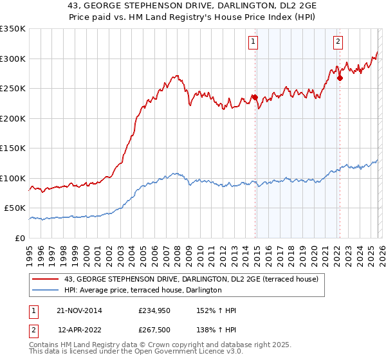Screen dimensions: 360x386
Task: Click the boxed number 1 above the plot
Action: (253, 42)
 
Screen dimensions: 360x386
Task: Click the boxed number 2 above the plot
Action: (338, 42)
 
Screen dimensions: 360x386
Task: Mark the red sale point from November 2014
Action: (255, 98)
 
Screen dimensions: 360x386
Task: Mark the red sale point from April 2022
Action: (340, 78)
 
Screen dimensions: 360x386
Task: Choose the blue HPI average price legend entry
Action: (142, 290)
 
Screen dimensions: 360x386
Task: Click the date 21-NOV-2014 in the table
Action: (79, 310)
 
